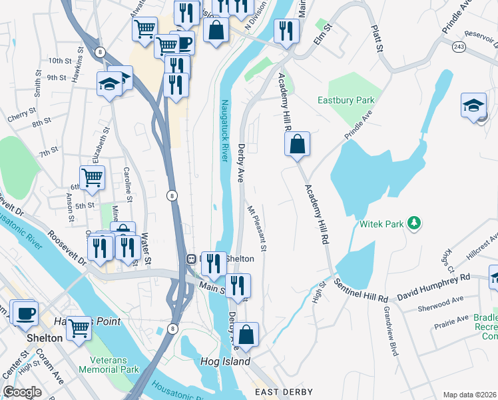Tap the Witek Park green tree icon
415,222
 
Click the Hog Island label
225,362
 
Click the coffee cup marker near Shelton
25,313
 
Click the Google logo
22,392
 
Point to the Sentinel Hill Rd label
361,290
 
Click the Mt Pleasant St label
257,228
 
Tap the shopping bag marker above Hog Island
246,335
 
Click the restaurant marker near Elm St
286,31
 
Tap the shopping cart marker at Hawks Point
79,328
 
